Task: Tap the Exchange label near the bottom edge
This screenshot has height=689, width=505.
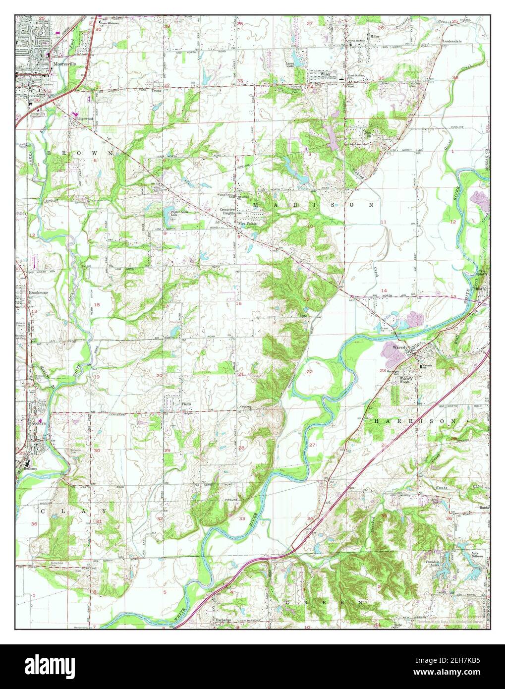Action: (x=224, y=620)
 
